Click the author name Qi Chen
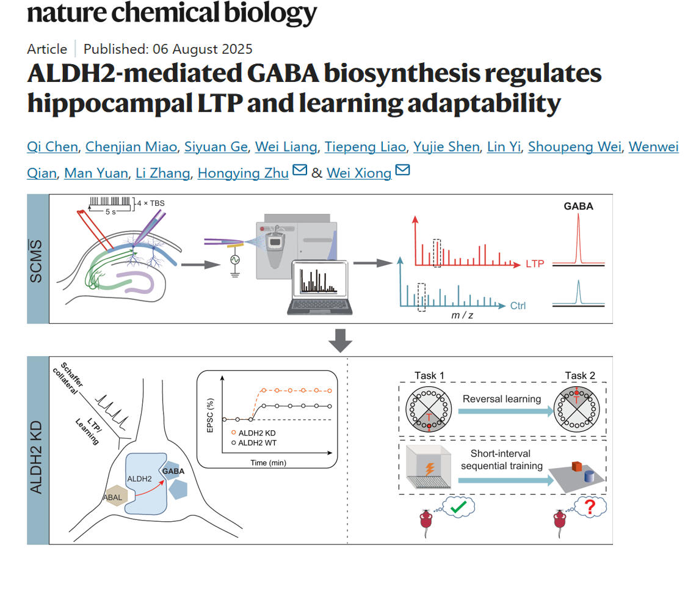click(x=53, y=147)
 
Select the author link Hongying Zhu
click(x=242, y=174)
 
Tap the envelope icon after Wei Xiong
click(x=402, y=171)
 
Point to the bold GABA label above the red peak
click(x=578, y=206)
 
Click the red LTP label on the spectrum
click(x=534, y=264)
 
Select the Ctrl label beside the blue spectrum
click(x=518, y=305)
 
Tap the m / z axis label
click(x=462, y=315)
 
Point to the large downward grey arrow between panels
click(x=340, y=340)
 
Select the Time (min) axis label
click(x=268, y=463)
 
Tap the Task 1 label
click(x=429, y=376)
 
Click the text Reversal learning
click(x=501, y=399)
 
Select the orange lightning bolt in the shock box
click(x=429, y=469)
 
